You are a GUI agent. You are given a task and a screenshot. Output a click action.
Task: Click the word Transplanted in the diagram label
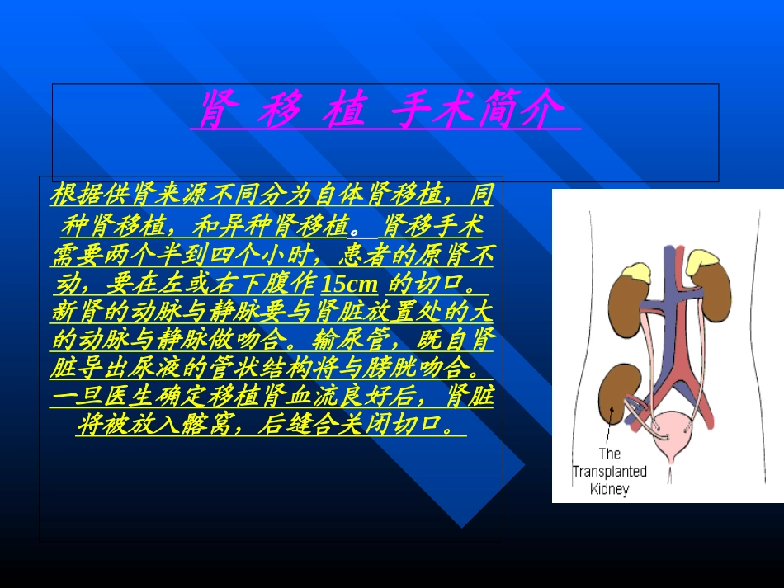610,472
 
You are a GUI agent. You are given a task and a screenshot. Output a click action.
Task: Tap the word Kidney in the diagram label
610,489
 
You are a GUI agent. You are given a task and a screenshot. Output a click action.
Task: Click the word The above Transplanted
609,454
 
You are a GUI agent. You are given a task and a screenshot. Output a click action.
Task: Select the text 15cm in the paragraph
349,285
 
